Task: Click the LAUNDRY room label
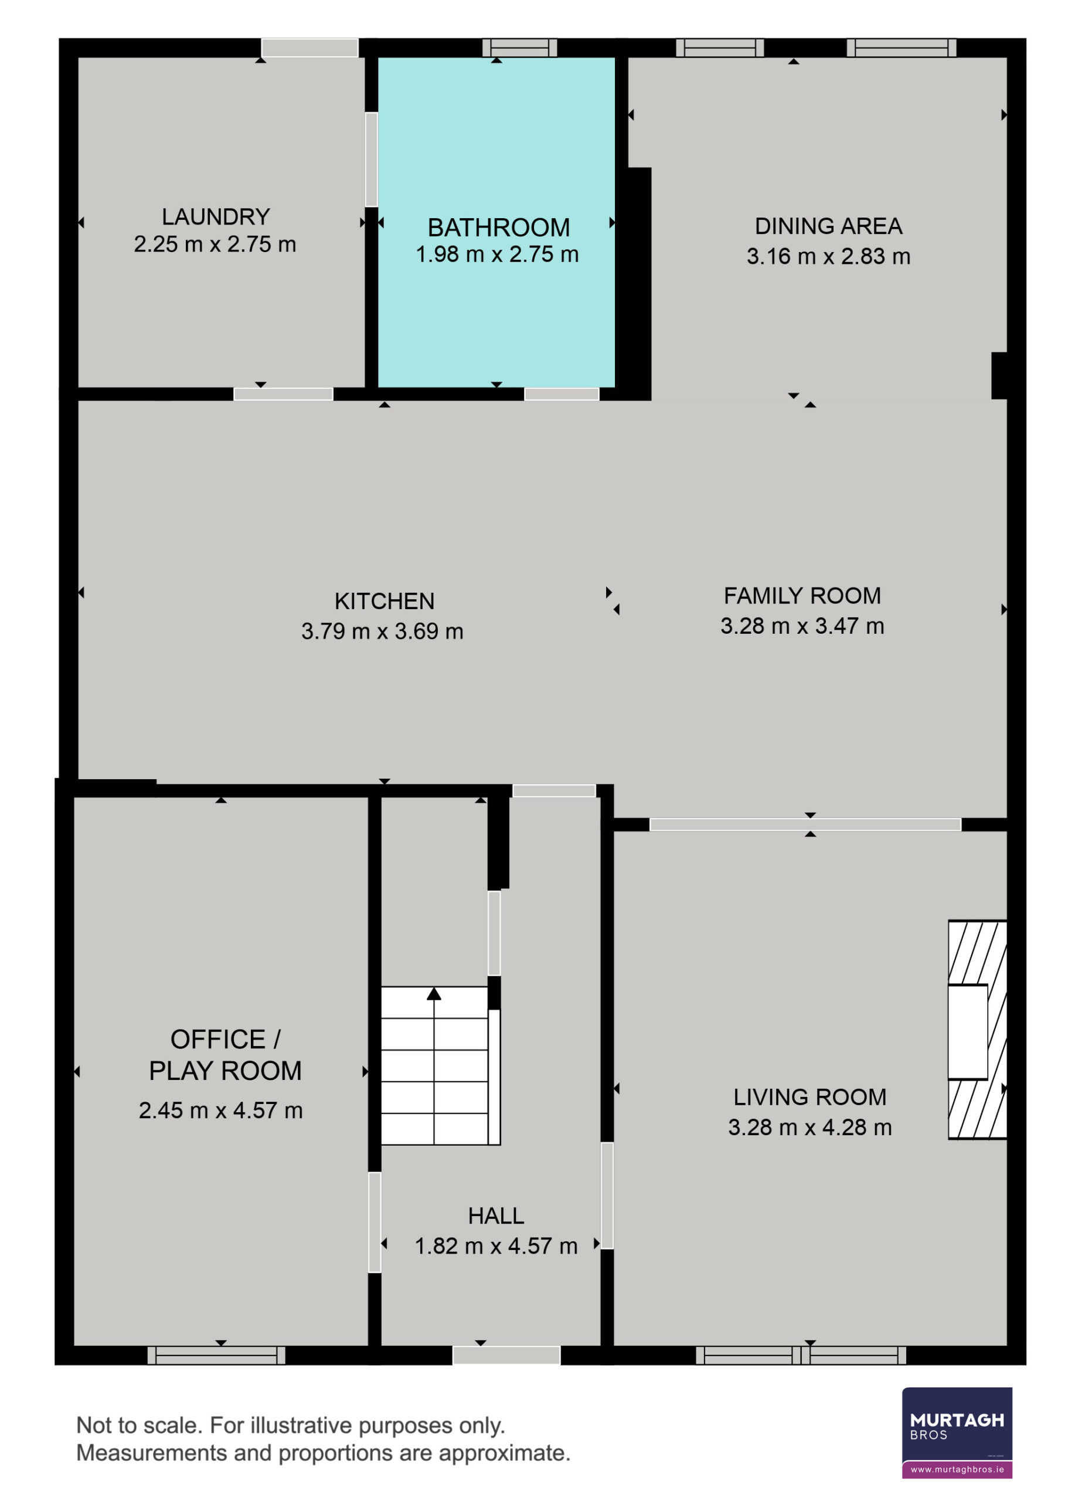[216, 216]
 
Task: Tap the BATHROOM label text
[498, 227]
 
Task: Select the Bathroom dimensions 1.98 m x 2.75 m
[497, 254]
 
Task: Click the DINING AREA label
[828, 226]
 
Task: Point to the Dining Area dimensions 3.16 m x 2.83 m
[828, 257]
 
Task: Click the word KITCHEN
[384, 601]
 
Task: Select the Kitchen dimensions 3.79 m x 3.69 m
[382, 631]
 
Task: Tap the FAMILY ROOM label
[802, 596]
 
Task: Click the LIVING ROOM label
[809, 1097]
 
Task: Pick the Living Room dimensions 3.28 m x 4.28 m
[809, 1128]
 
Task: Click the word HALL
[496, 1216]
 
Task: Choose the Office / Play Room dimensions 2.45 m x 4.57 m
[220, 1111]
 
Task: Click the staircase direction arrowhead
[433, 993]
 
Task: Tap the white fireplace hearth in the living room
[967, 1032]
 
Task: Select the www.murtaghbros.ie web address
[957, 1469]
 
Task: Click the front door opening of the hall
[506, 1355]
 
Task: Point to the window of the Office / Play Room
[216, 1355]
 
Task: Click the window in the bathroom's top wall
[519, 47]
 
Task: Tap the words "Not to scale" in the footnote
[140, 1425]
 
